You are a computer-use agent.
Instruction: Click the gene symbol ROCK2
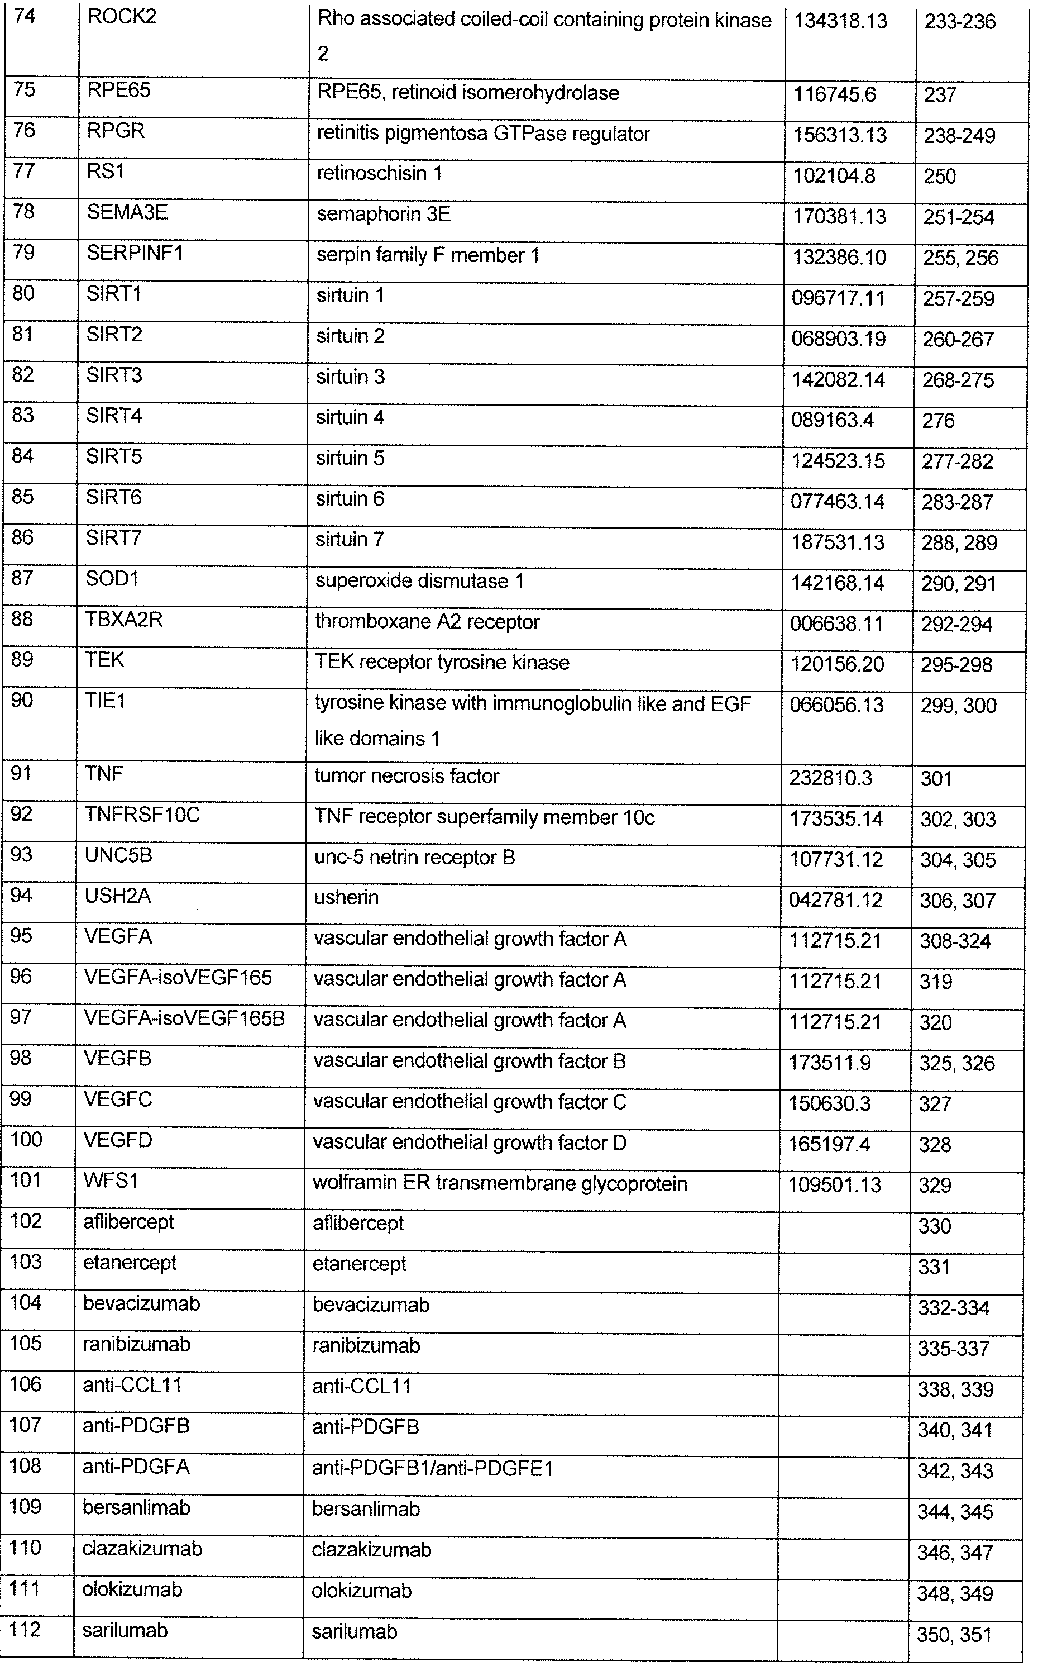(x=122, y=17)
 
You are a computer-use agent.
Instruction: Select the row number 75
(x=24, y=90)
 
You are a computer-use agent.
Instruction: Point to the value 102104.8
(x=834, y=176)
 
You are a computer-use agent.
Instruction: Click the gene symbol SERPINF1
(x=135, y=254)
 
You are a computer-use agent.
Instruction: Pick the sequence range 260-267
(x=958, y=339)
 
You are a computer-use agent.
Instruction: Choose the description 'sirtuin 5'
(x=350, y=458)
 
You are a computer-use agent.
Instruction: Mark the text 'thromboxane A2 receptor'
(x=427, y=622)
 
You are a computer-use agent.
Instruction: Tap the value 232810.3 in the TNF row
(x=830, y=778)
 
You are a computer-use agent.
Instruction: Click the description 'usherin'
(x=346, y=898)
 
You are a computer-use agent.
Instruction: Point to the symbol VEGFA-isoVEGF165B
(x=184, y=1018)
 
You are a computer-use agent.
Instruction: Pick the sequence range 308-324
(x=955, y=941)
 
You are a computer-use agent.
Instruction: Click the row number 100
(x=26, y=1139)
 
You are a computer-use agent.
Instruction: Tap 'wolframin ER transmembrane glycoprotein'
(x=499, y=1183)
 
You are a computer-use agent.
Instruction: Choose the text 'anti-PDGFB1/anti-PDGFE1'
(x=433, y=1468)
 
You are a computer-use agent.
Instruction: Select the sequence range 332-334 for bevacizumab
(x=954, y=1308)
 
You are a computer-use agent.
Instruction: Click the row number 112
(x=25, y=1629)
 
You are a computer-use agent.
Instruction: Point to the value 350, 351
(x=954, y=1635)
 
